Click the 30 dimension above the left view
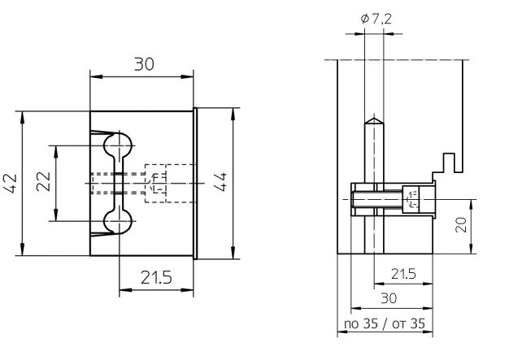coord(143,63)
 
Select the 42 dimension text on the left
coord(11,184)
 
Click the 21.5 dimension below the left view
coord(154,277)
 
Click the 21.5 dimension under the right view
coord(402,274)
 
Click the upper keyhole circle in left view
coord(119,147)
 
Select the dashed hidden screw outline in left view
coord(158,184)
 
